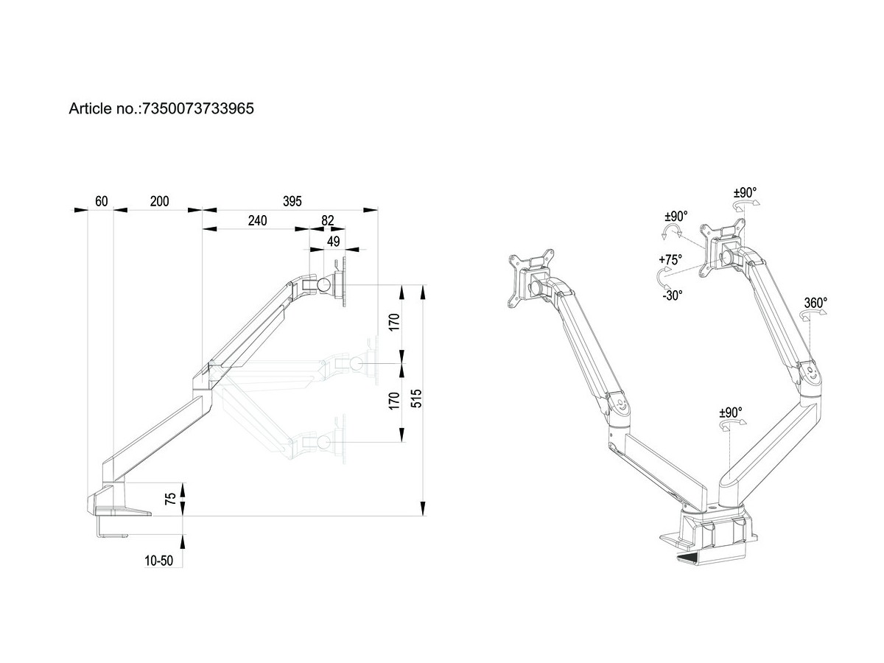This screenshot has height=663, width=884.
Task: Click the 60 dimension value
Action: (x=102, y=201)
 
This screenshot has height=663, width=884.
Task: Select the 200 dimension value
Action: (x=158, y=201)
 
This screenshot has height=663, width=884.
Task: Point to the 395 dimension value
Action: (x=292, y=201)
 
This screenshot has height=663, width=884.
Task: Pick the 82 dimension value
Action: (x=328, y=220)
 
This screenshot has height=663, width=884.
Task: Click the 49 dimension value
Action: (x=333, y=240)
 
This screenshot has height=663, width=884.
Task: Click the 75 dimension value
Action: (x=170, y=499)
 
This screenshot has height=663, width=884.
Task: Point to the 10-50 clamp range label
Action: (x=158, y=561)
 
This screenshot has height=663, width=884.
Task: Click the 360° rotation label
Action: (x=815, y=302)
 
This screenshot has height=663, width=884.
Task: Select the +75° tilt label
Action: (x=670, y=259)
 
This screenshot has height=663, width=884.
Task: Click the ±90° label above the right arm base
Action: (x=730, y=413)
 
